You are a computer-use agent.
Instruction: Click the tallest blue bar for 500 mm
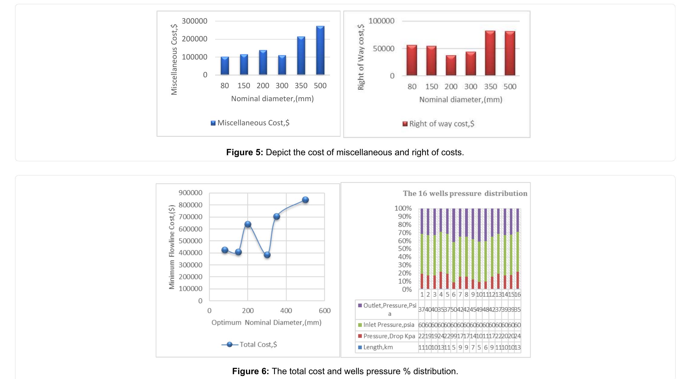coord(320,50)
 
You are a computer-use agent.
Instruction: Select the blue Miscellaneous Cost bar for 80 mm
coord(225,66)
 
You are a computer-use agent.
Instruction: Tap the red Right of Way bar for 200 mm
coord(451,65)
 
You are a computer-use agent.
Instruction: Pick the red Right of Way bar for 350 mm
coord(490,53)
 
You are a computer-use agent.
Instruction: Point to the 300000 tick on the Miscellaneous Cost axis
coord(194,21)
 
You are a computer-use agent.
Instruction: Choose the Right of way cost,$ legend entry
coord(438,124)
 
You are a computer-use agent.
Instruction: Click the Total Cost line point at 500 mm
coord(305,200)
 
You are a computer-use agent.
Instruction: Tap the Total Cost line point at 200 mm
coord(248,224)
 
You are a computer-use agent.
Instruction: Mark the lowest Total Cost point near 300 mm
coord(267,255)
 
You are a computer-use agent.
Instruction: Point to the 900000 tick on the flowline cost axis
coord(190,193)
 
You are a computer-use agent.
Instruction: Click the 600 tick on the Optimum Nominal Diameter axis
coord(325,311)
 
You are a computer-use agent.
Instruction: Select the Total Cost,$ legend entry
coord(249,345)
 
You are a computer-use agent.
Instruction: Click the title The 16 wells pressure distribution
coord(465,194)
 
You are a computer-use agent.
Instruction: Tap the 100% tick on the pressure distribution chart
coord(403,208)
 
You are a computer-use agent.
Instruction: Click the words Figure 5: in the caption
coord(244,152)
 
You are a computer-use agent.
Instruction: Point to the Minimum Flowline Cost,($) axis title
coord(172,247)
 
